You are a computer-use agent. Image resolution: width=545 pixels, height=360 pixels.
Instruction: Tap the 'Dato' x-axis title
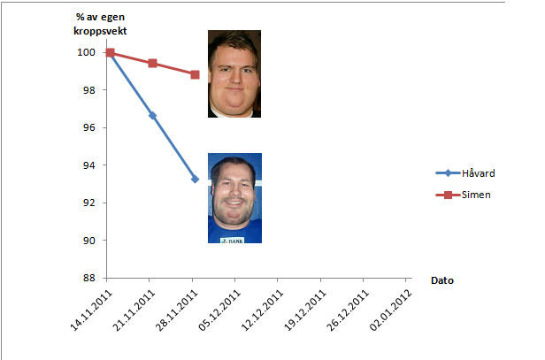point(442,280)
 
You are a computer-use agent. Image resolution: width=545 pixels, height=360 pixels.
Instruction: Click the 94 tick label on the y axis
point(88,165)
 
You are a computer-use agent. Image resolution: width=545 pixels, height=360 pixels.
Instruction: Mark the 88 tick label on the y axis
point(88,278)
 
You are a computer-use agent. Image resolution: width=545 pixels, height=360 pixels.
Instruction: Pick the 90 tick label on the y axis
point(88,241)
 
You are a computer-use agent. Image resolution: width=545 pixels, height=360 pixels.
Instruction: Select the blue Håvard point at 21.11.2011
point(152,115)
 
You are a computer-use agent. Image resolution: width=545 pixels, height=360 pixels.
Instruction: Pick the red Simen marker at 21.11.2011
point(152,64)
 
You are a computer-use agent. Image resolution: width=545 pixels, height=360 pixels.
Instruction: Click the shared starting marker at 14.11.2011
point(110,53)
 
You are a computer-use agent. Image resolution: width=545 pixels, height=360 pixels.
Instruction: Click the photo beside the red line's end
point(234,74)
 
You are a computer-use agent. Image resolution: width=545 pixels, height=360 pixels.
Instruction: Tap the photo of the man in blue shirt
point(234,198)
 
